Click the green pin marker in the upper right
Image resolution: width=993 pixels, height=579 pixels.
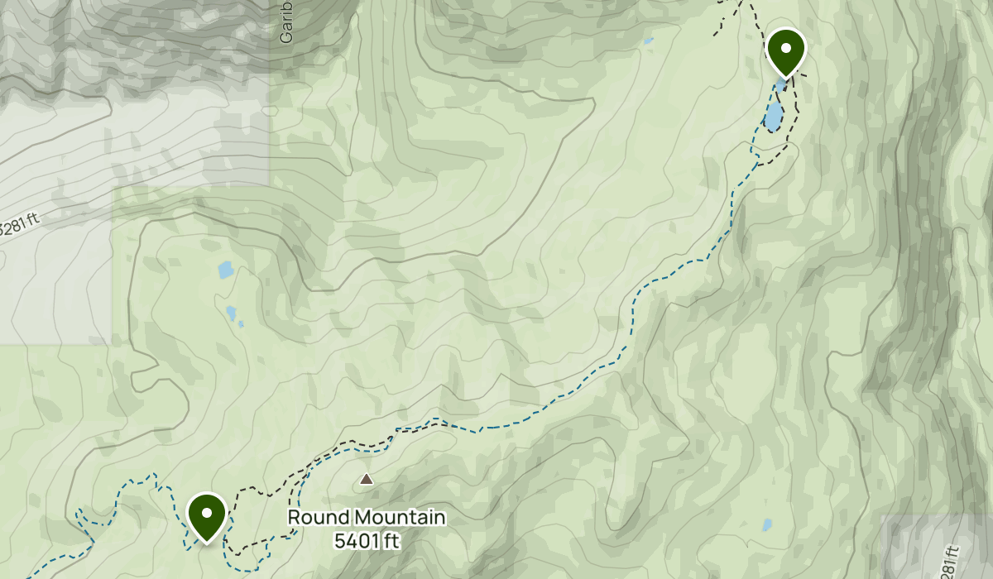785,52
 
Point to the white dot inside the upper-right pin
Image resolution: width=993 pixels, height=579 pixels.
785,48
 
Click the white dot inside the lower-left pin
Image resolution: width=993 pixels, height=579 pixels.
206,513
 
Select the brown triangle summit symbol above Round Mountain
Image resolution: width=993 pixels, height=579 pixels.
366,479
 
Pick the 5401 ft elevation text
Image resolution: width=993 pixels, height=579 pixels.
367,541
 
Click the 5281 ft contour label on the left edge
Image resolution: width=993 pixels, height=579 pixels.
18,226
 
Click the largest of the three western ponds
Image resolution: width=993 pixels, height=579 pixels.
225,270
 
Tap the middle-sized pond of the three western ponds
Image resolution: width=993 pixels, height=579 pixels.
231,313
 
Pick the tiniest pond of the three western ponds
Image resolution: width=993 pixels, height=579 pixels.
241,324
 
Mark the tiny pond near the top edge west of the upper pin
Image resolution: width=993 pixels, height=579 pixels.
648,40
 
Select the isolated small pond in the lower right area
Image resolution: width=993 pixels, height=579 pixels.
767,524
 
